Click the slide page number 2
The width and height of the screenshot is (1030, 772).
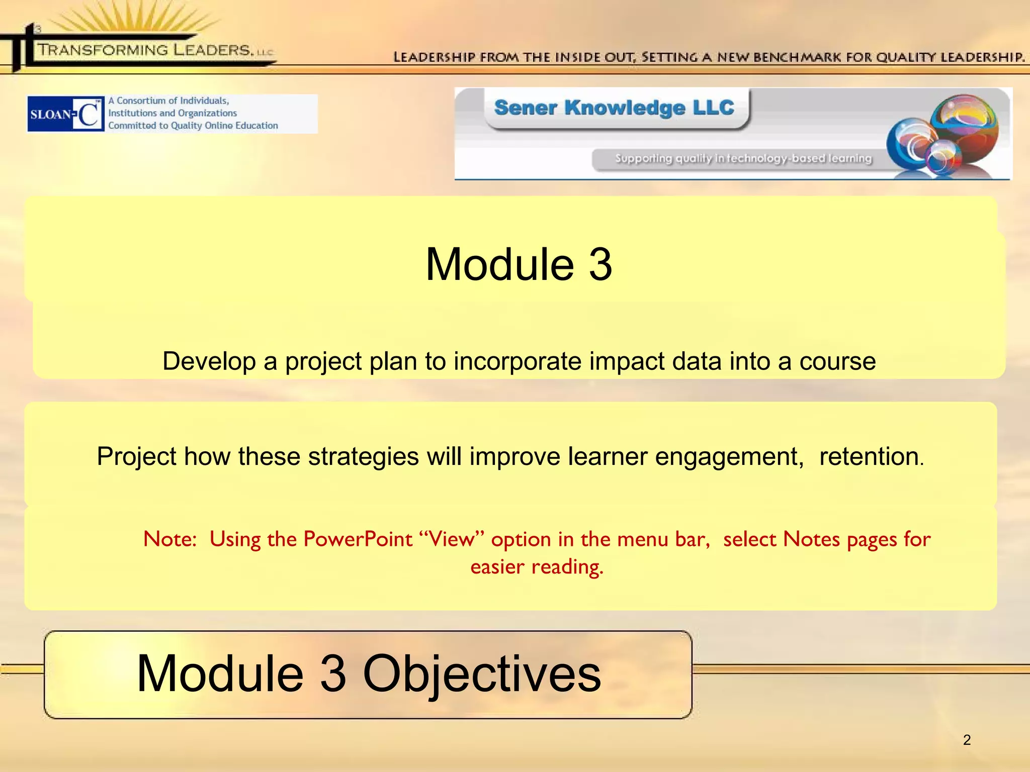[x=967, y=740]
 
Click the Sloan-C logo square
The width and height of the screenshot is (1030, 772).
[x=66, y=114]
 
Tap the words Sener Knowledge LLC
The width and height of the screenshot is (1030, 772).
[x=614, y=108]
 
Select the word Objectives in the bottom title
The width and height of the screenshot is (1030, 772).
[x=481, y=673]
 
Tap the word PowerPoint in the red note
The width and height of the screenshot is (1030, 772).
[x=358, y=539]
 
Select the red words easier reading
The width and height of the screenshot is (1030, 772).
[x=537, y=567]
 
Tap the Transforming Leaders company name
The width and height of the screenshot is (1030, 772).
[x=146, y=50]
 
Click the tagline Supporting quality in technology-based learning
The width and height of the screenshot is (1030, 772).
[x=743, y=158]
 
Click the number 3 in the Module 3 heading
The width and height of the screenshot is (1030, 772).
[x=600, y=264]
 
